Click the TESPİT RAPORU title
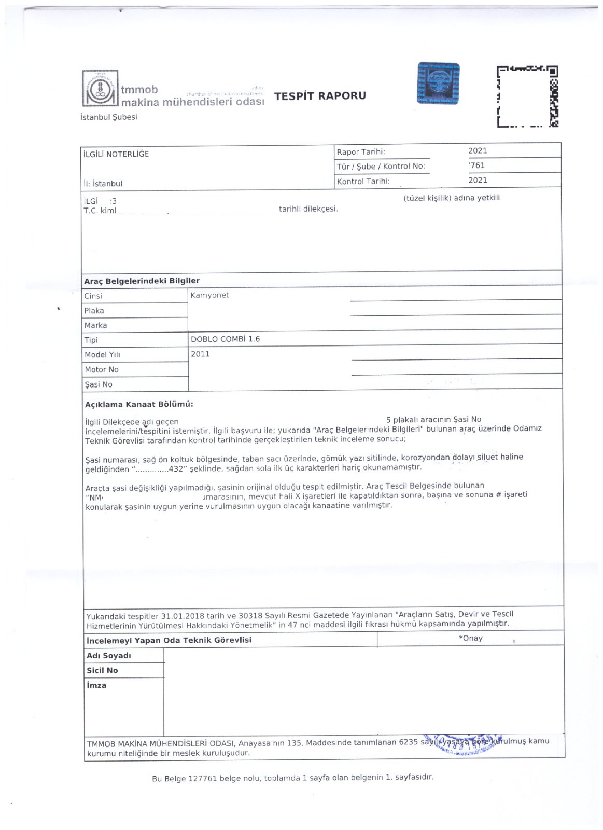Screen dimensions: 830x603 (320, 96)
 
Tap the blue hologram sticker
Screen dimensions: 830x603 (438, 84)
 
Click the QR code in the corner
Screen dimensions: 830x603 (527, 96)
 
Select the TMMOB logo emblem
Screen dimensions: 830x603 (100, 89)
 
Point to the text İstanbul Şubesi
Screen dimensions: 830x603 (109, 117)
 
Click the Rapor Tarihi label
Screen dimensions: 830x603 (361, 152)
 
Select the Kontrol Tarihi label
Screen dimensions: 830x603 (363, 182)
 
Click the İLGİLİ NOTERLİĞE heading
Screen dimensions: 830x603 (116, 154)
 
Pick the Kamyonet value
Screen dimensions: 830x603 (209, 295)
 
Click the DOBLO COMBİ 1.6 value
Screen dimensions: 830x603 (225, 339)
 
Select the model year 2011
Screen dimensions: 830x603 (200, 354)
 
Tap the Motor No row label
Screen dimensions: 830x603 (102, 369)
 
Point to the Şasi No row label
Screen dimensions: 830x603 (99, 384)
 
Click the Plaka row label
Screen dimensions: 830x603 (94, 311)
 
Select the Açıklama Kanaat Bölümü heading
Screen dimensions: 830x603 (139, 405)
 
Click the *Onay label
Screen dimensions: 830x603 (470, 638)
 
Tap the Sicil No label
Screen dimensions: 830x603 (102, 670)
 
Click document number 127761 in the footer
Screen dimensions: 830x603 (203, 779)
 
